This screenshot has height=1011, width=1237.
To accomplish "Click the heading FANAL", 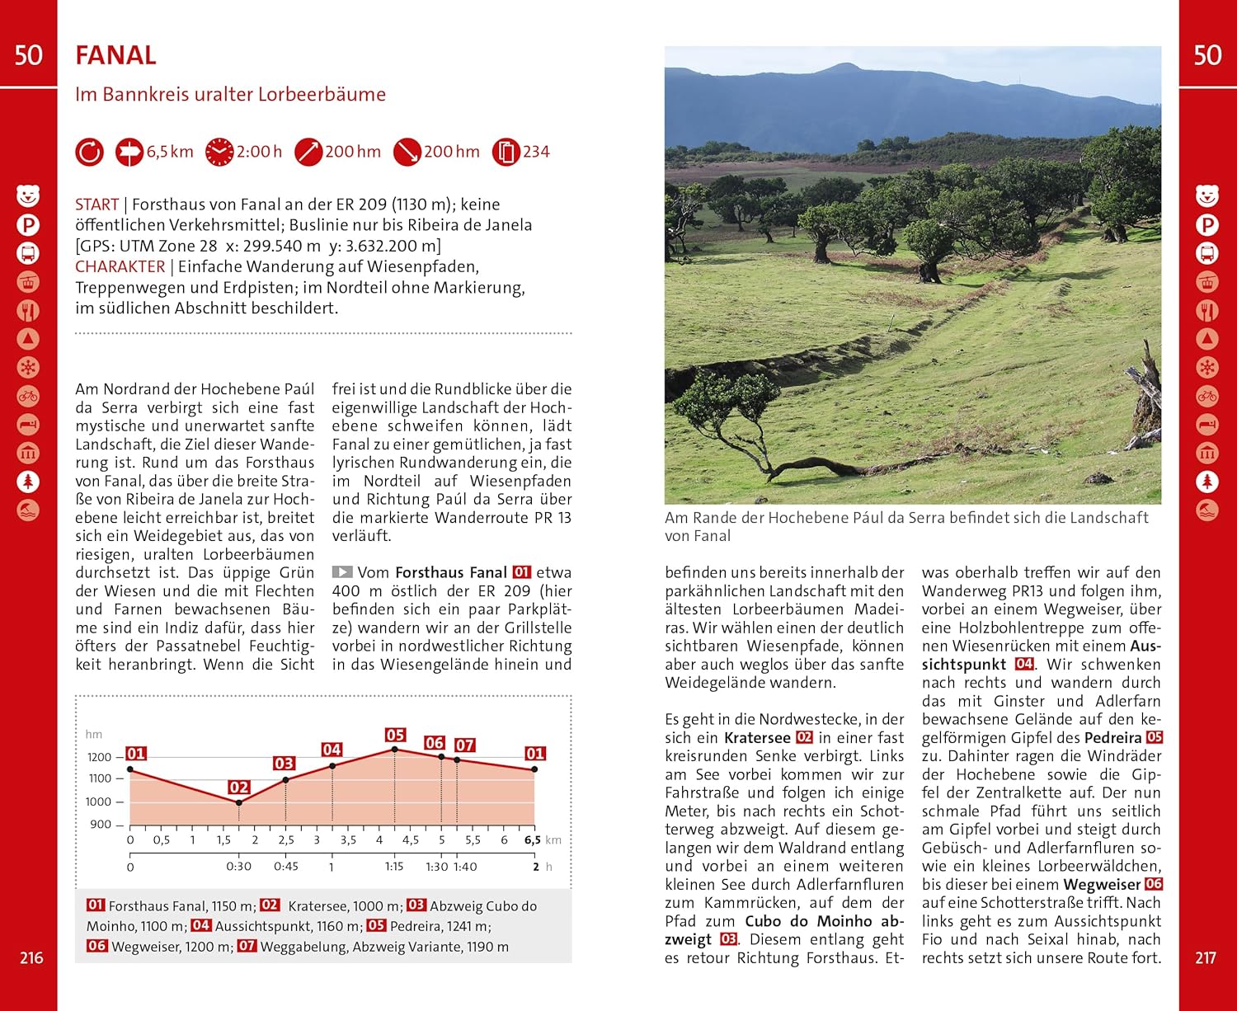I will (115, 55).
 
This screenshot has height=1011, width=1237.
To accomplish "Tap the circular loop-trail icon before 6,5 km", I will (89, 152).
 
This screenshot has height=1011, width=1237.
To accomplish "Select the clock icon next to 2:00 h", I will (219, 152).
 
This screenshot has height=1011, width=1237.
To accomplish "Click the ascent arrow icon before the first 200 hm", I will (308, 152).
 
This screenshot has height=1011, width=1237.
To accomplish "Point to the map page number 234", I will (536, 152).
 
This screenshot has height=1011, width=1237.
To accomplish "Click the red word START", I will (96, 205).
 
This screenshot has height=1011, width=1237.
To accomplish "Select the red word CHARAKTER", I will (120, 266).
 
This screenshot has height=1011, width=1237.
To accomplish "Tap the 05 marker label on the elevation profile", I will (395, 735).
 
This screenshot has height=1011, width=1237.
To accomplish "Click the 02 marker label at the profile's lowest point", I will (239, 788).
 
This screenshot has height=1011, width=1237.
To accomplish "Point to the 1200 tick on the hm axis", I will (99, 757).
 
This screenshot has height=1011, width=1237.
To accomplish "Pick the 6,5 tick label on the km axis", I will (533, 840).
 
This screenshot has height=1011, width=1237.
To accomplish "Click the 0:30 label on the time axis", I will (239, 867).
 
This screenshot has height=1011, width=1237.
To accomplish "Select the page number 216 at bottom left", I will (31, 957).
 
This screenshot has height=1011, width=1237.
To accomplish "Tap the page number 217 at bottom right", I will (1206, 957).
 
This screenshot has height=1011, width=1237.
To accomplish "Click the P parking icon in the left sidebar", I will (28, 224).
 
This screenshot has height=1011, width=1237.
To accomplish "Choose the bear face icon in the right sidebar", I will (1207, 196).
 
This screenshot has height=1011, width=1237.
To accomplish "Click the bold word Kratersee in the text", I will (757, 738).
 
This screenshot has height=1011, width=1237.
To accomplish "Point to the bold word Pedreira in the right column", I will (1112, 738).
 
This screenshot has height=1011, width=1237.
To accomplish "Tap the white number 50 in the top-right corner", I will (1207, 55).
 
